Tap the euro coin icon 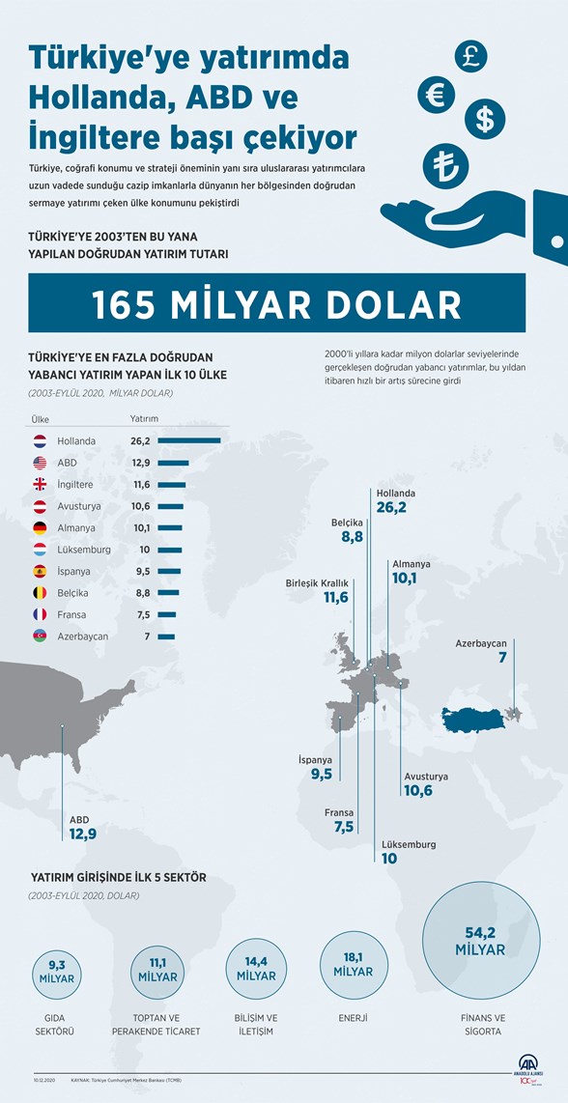click(437, 94)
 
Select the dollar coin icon click(485, 119)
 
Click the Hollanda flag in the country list click(40, 440)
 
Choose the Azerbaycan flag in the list click(40, 636)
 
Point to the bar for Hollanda click(189, 440)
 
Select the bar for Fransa click(166, 614)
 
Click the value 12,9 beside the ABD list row click(141, 463)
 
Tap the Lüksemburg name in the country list click(84, 550)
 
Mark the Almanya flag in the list click(40, 527)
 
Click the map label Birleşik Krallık click(317, 582)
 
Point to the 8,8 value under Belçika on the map click(352, 537)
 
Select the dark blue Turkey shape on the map click(473, 719)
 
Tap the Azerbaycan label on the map click(481, 643)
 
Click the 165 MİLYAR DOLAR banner click(277, 303)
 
